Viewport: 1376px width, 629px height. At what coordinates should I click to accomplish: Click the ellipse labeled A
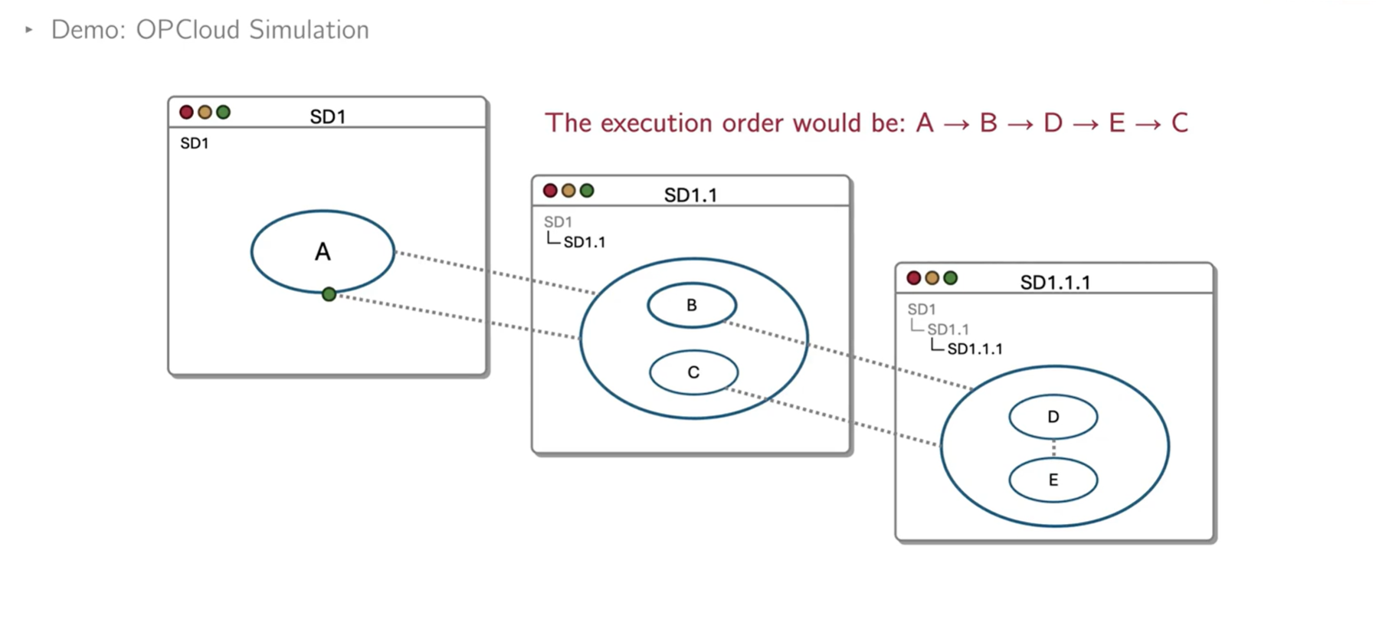323,251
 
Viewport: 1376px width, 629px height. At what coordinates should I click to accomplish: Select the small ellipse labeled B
692,305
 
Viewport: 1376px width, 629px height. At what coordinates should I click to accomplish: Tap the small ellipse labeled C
693,372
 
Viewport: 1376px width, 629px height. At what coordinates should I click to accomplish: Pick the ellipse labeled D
1053,417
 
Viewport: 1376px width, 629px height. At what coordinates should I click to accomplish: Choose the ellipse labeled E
1053,480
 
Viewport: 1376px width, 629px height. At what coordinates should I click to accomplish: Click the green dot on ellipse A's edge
329,294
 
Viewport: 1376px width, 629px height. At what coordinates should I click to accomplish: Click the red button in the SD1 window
186,113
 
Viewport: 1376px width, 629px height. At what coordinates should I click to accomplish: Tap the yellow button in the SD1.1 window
568,191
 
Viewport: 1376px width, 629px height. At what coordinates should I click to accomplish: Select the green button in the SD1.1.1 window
950,278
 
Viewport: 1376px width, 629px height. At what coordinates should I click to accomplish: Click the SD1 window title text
328,116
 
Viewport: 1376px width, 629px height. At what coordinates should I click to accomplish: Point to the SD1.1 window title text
690,195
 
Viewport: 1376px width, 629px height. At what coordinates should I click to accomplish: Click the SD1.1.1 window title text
1054,283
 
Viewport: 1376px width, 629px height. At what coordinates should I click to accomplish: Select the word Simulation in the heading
309,30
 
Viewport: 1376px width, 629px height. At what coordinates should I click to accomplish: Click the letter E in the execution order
1116,123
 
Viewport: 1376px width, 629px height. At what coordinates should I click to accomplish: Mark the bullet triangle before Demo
29,30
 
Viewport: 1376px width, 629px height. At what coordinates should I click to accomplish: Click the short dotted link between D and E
1053,448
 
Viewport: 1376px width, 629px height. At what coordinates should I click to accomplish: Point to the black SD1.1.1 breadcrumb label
975,349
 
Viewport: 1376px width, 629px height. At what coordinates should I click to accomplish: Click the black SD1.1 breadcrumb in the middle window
584,243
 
